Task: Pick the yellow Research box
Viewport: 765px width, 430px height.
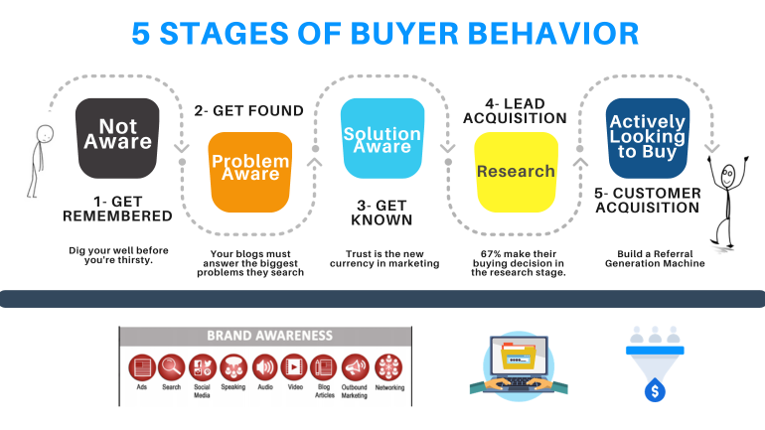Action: click(x=516, y=171)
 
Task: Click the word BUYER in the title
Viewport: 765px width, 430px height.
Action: click(x=393, y=33)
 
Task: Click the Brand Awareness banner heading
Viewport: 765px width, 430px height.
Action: click(x=269, y=336)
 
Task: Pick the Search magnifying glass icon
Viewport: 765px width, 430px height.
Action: click(x=171, y=367)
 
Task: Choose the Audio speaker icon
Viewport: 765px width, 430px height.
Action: click(x=263, y=367)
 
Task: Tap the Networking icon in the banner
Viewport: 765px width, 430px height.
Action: click(x=388, y=367)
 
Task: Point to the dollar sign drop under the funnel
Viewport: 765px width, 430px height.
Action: click(x=653, y=390)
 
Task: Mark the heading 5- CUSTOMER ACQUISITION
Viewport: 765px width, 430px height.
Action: click(x=647, y=200)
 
